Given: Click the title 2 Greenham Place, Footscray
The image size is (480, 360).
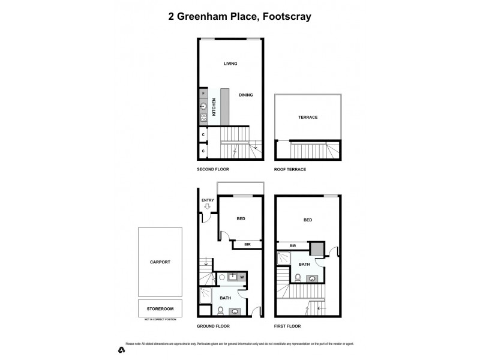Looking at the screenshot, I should click(x=239, y=17).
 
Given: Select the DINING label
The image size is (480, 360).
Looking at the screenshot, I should click(x=245, y=95).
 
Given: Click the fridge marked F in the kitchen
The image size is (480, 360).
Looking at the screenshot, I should click(x=204, y=94).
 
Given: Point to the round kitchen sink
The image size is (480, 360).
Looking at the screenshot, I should click(x=204, y=106).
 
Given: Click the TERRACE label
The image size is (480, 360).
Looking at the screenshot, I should click(x=308, y=118).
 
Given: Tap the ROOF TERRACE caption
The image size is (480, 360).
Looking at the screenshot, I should click(x=290, y=170).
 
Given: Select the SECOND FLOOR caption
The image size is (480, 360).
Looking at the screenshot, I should click(x=213, y=170).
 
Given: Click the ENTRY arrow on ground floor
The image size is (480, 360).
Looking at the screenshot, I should click(x=208, y=206).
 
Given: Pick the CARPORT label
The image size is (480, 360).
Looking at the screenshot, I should click(x=160, y=262).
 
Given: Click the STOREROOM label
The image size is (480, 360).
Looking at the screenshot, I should click(x=160, y=308).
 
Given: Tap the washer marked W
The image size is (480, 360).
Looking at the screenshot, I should click(x=241, y=277).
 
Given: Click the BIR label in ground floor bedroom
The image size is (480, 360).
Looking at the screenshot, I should click(x=247, y=244).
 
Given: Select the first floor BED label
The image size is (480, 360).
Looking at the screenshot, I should click(x=308, y=220).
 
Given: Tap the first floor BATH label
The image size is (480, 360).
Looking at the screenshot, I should click(x=304, y=264).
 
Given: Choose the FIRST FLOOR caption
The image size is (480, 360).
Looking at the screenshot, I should click(x=288, y=326).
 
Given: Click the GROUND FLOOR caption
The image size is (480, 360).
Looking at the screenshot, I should click(x=214, y=326).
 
